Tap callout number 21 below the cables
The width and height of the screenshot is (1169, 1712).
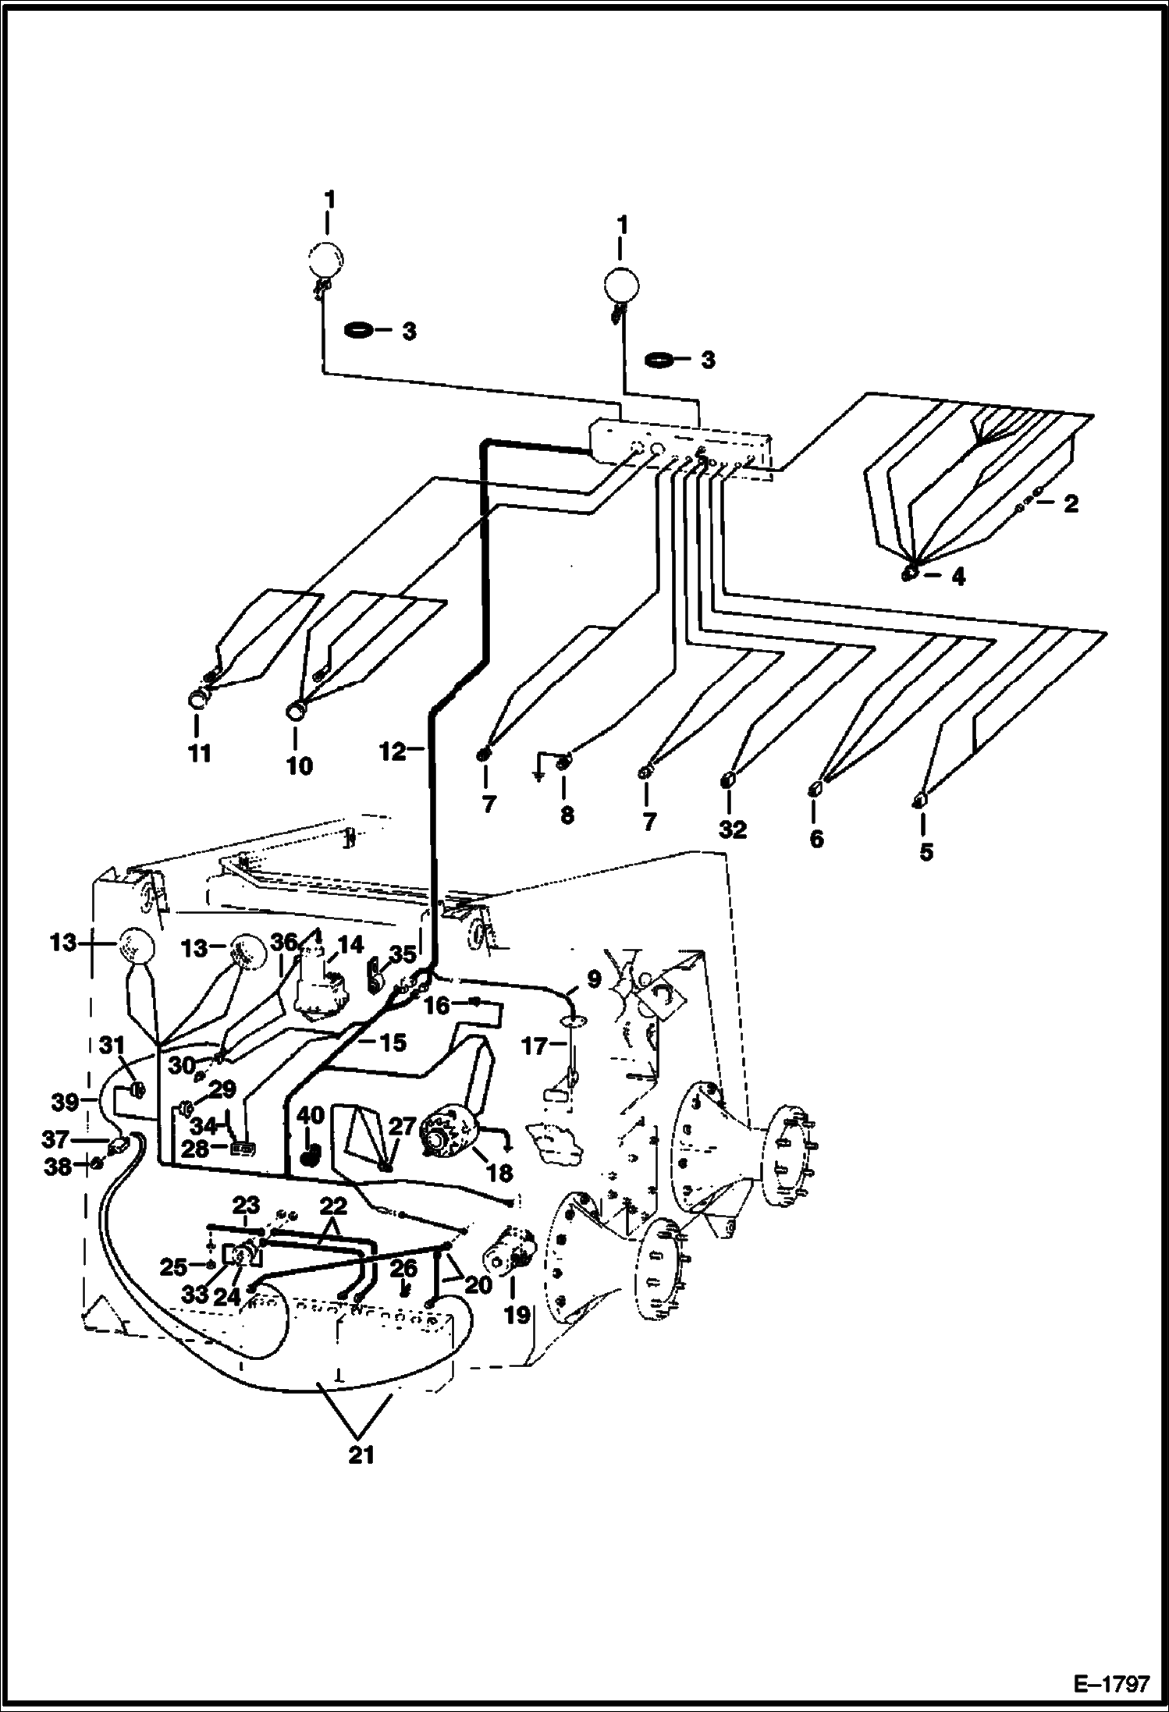point(361,1454)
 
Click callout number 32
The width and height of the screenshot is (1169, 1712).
point(733,829)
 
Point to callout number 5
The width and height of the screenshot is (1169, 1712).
point(926,851)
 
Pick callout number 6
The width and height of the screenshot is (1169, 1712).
point(816,840)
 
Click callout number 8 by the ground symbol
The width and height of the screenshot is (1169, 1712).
point(567,815)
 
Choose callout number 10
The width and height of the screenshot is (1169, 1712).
point(299,765)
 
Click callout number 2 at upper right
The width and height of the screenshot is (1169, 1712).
point(1071,503)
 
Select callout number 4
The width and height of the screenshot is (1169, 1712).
point(958,577)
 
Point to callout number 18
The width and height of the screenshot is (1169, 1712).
point(499,1172)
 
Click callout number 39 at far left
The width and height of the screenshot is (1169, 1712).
point(65,1103)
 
